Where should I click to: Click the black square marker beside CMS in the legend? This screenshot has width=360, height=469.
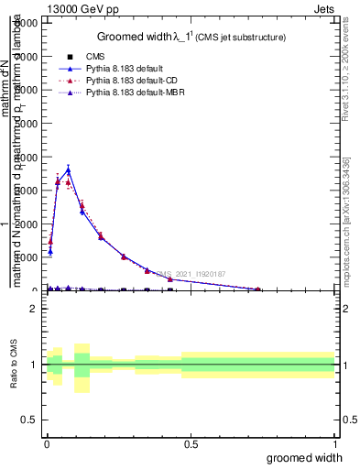(70, 57)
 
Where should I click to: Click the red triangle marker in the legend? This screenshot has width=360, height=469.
(70, 82)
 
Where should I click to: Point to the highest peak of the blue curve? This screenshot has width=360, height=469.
(68, 169)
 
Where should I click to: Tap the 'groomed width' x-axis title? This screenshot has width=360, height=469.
(311, 457)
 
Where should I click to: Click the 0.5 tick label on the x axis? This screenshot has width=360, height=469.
(191, 444)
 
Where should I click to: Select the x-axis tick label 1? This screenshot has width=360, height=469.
(334, 444)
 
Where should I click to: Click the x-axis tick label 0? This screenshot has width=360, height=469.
(47, 444)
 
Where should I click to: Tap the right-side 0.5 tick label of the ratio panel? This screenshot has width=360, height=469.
(348, 420)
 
